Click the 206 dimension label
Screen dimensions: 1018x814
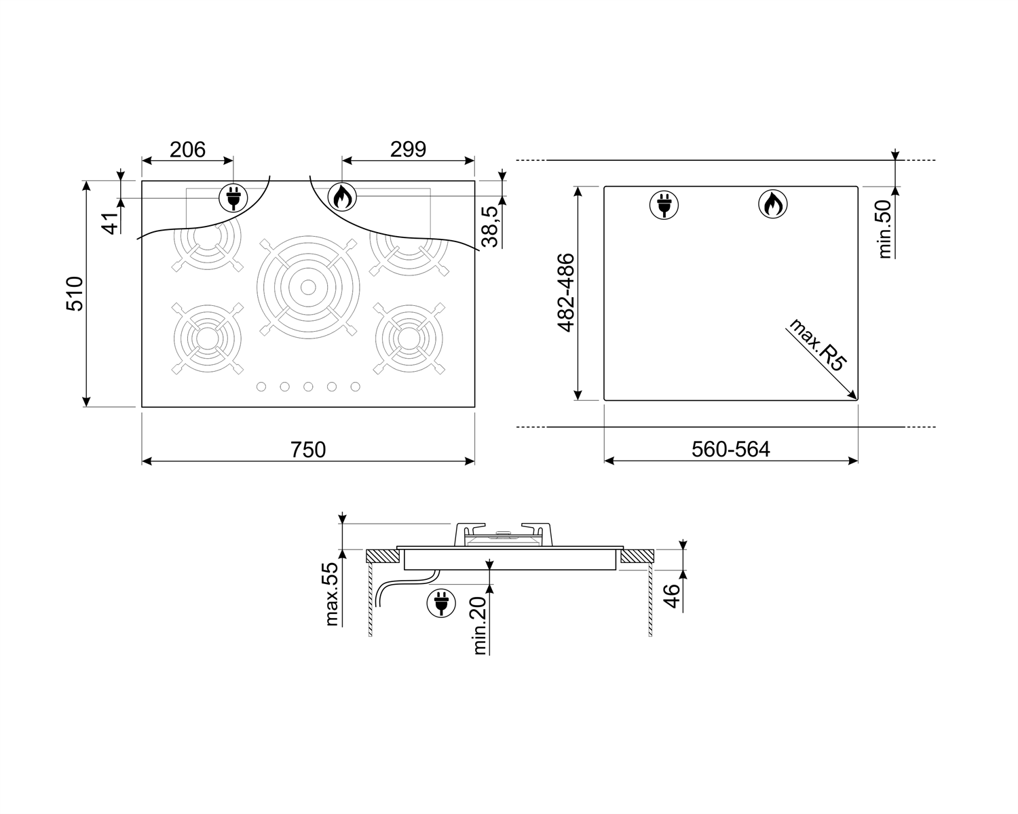(187, 150)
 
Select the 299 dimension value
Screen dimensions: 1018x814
(408, 149)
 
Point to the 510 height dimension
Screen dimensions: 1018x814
(75, 294)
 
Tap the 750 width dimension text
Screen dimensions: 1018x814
(308, 450)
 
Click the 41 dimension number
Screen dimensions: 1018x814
(111, 223)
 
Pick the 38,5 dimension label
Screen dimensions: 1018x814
(490, 227)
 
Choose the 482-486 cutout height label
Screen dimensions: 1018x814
(566, 293)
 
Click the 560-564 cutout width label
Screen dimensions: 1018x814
(731, 449)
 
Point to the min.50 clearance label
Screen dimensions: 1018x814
(884, 229)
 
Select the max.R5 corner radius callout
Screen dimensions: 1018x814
(817, 345)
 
